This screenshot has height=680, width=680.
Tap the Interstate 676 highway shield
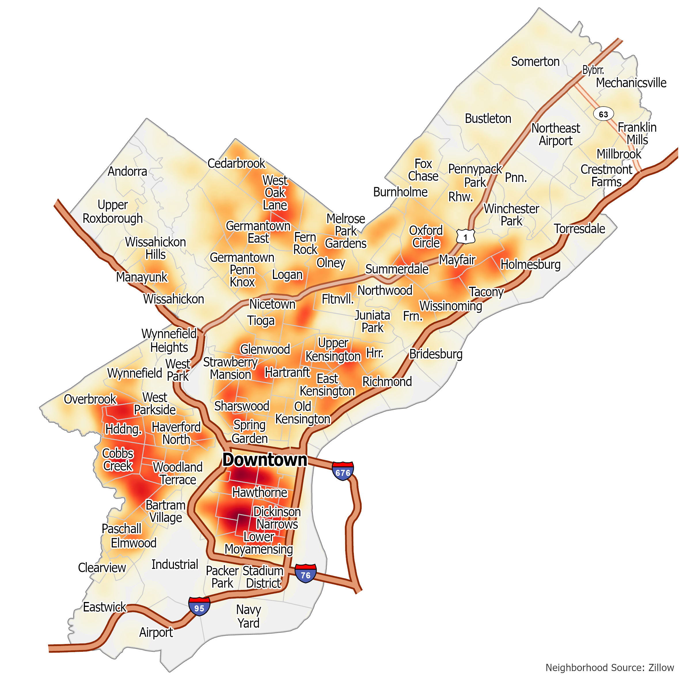pos(343,471)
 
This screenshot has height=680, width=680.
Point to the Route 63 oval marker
pos(603,114)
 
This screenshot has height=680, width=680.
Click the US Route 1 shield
pos(465,237)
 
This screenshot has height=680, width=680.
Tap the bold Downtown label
pos(265,460)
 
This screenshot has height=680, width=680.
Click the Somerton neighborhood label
pos(535,62)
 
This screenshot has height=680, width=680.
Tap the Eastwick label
pos(104,607)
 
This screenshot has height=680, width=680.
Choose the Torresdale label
pos(579,229)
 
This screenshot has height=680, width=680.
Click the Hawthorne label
pos(259,492)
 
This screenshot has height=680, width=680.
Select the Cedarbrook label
pos(236,163)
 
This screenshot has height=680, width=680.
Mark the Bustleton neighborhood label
pos(488,119)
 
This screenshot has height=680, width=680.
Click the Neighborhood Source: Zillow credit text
pos(609,667)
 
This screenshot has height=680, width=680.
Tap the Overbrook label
pos(90,399)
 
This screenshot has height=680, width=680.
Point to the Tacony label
pos(486,292)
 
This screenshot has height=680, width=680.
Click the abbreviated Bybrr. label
pos(593,70)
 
